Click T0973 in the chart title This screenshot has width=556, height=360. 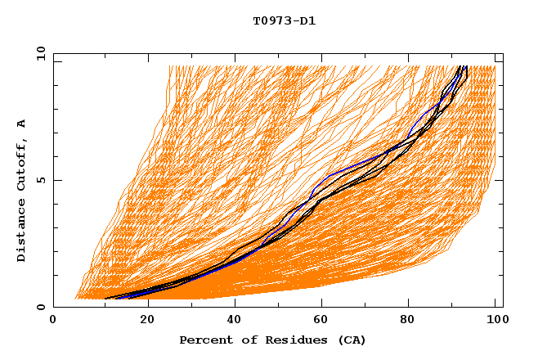[x=271, y=20]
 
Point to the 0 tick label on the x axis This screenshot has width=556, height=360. [x=53, y=322]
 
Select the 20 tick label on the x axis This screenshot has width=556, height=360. [x=147, y=322]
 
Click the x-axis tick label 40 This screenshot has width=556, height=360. [x=235, y=322]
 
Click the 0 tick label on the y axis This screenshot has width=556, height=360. [x=40, y=308]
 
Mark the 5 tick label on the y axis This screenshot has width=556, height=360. [x=40, y=181]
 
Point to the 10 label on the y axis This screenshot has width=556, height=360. [x=38, y=53]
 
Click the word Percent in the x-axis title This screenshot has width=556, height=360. [x=204, y=340]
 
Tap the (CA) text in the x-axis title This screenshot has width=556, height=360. [x=352, y=340]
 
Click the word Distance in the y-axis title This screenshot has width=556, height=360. [x=22, y=231]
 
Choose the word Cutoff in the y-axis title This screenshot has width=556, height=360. [x=22, y=161]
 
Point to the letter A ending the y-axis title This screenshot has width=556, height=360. [x=22, y=123]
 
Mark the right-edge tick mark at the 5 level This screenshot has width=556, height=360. [x=500, y=180]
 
